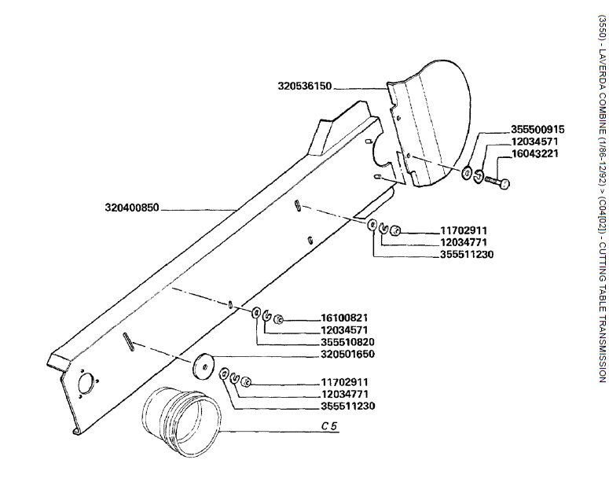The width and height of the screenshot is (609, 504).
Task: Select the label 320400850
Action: click(132, 208)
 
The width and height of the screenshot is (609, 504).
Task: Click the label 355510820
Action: click(349, 341)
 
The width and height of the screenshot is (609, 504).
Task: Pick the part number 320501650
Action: click(349, 354)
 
